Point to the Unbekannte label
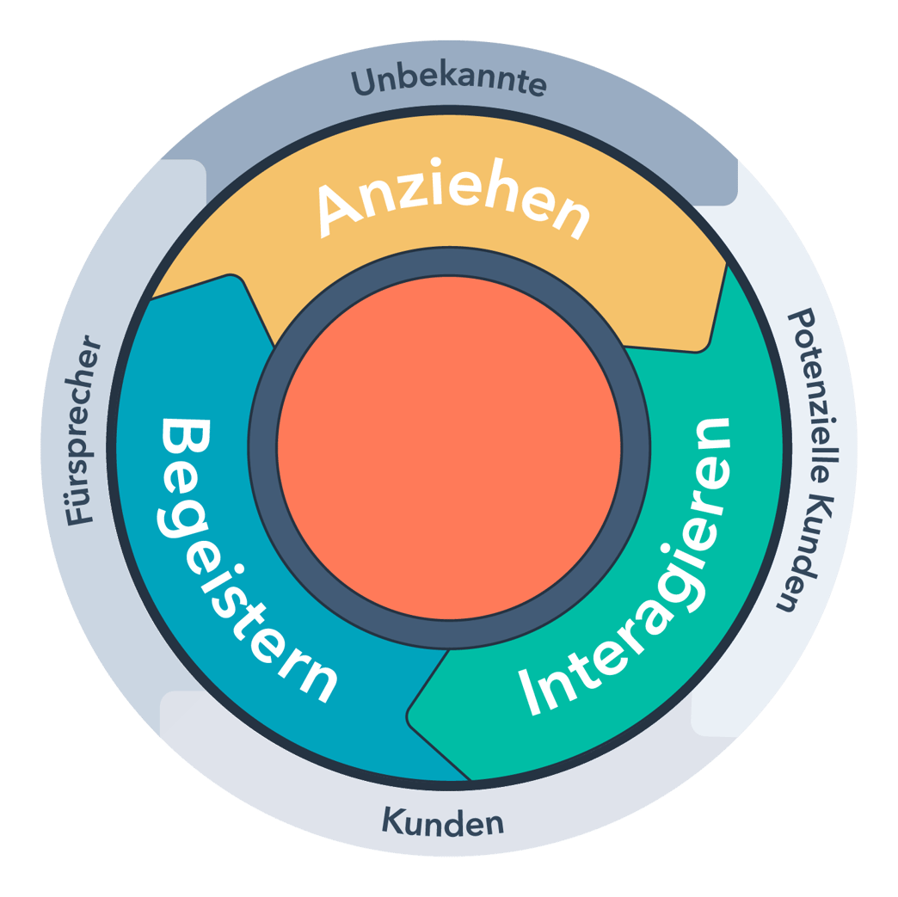(449, 84)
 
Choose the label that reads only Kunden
(442, 823)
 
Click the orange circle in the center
(449, 446)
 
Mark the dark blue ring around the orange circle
(263, 447)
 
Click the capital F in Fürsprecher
(81, 513)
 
